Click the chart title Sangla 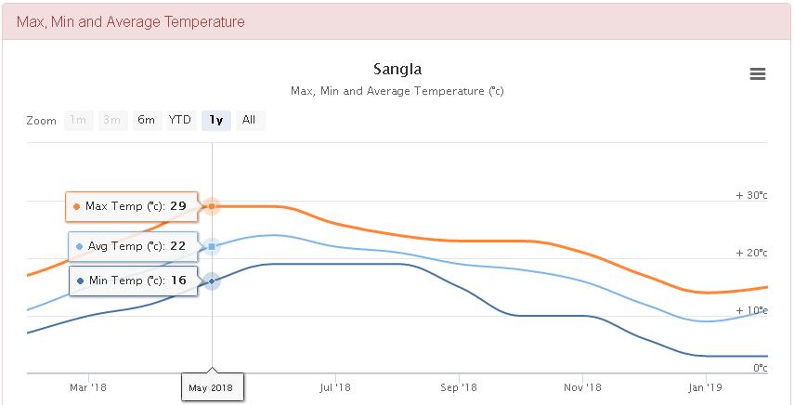[397, 69]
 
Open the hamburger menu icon [758, 74]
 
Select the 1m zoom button [79, 120]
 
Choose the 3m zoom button [111, 120]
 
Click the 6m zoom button [146, 120]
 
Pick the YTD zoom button [179, 120]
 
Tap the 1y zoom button [215, 120]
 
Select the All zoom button [249, 120]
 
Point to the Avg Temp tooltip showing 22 [132, 246]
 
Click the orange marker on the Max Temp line [212, 206]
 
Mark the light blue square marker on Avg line [212, 246]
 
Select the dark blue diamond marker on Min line [212, 281]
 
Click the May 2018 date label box [212, 386]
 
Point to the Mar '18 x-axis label [88, 386]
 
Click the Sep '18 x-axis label [459, 386]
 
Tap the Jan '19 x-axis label [705, 386]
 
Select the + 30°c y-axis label [751, 195]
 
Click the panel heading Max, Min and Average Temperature [131, 21]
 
